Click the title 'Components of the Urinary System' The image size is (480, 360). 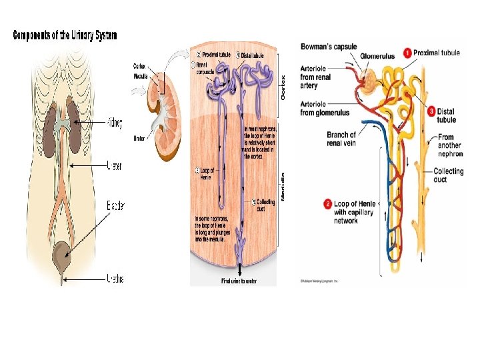click(65, 35)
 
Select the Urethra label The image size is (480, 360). click(114, 278)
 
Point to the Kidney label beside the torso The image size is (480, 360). click(115, 123)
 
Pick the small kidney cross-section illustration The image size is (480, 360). click(164, 114)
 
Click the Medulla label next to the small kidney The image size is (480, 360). click(140, 75)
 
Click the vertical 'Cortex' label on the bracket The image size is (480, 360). click(283, 87)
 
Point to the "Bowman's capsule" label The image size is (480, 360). click(329, 47)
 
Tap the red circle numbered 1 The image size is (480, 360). click(407, 53)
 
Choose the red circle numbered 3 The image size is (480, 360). click(431, 111)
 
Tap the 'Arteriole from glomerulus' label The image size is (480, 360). click(325, 108)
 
